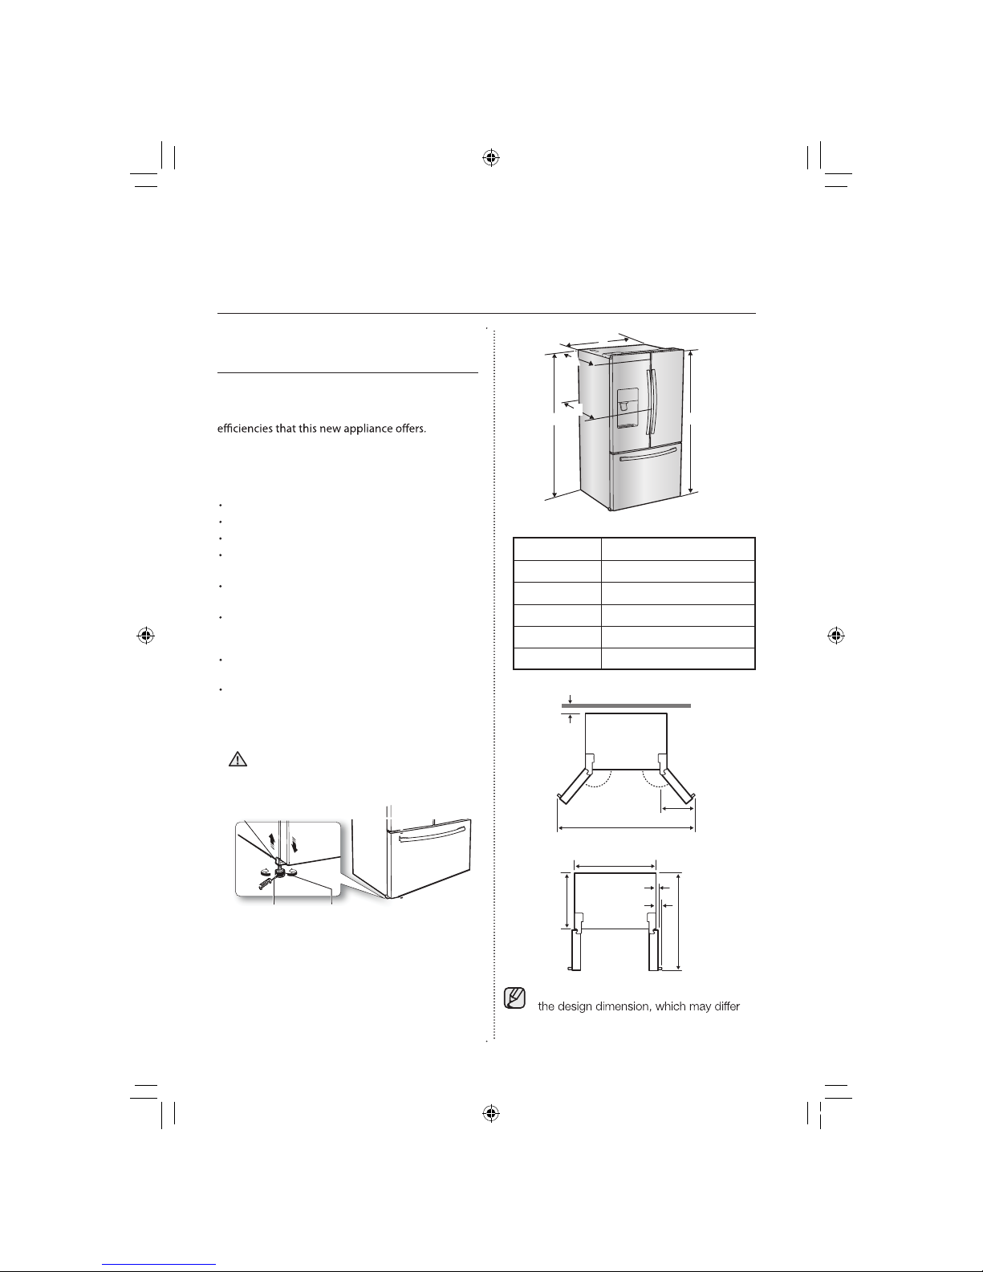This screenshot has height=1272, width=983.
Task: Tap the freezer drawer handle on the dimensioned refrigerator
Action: click(648, 454)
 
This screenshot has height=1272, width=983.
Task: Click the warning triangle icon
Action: click(238, 759)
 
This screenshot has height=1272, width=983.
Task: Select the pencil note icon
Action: click(514, 998)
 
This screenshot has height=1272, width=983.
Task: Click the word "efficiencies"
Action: click(246, 428)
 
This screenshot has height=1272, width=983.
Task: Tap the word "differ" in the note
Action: click(727, 1006)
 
